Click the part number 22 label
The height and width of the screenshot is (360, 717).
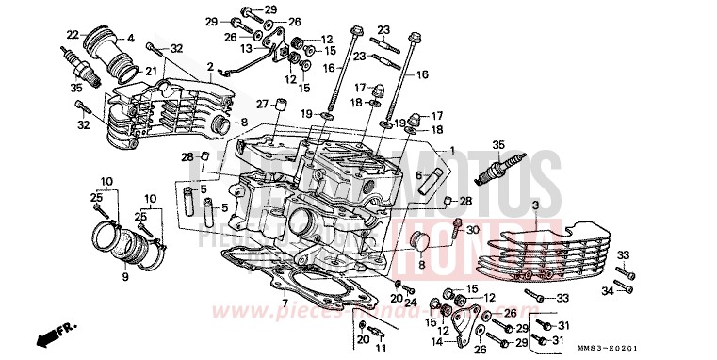72,35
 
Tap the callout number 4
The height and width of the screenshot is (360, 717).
131,39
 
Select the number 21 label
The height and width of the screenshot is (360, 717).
150,72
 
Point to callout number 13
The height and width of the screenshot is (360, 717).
244,48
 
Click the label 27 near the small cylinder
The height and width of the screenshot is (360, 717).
263,104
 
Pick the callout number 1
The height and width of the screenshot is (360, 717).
452,151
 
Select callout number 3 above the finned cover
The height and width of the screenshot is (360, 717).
535,205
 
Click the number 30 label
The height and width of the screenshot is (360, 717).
473,230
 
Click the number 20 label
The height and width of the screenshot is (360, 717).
363,338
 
